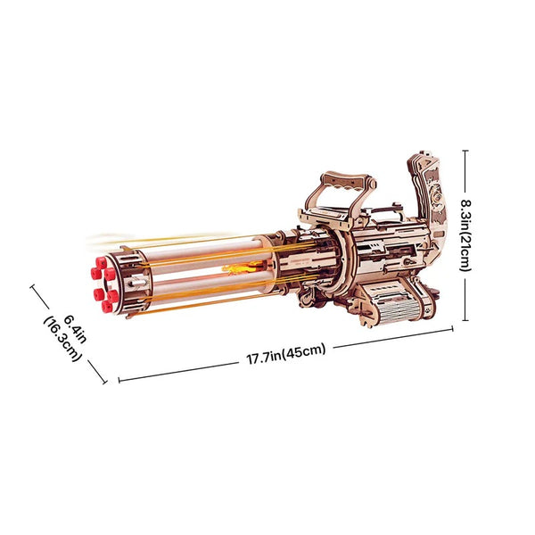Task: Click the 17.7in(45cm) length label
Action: pos(286,354)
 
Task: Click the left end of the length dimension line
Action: pos(119,380)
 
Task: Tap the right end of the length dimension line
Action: pos(453,331)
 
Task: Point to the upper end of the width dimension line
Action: pos(33,286)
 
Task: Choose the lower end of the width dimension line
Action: pos(104,383)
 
